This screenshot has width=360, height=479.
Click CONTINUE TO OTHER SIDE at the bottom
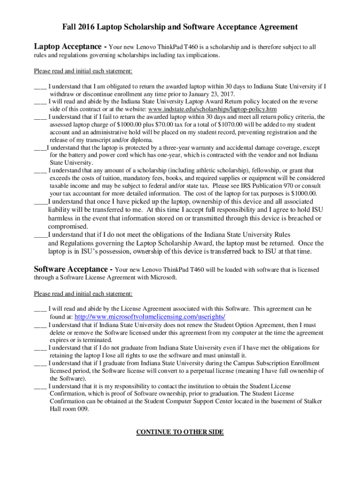pyautogui.click(x=180, y=432)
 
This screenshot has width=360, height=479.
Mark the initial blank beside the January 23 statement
pyautogui.click(x=40, y=86)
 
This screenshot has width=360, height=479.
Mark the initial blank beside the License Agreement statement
pyautogui.click(x=40, y=309)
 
